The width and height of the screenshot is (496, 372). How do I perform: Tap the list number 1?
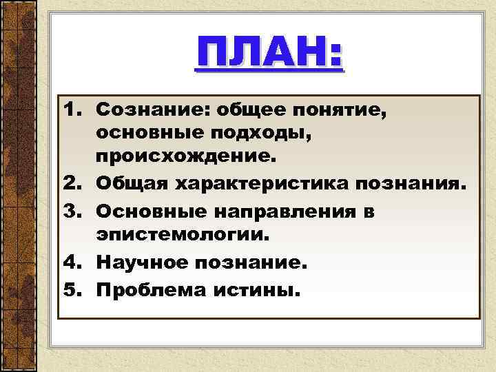coord(72,110)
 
